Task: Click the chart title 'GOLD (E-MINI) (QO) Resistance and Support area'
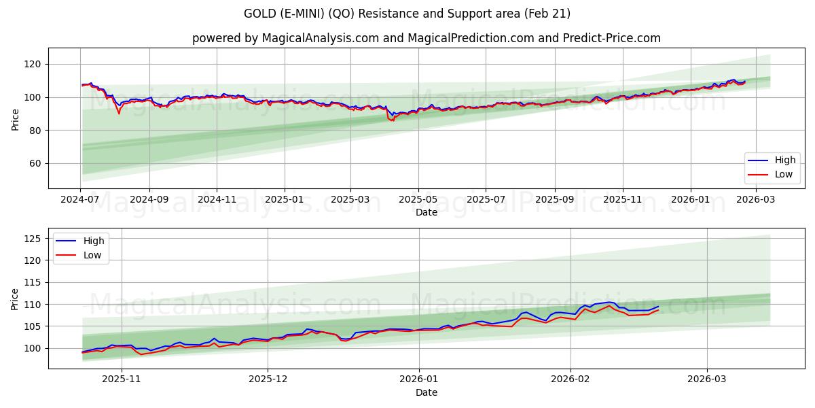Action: [407, 14]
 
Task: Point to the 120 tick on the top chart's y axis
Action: [33, 64]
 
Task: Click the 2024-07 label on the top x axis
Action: [81, 200]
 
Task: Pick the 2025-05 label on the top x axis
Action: [418, 200]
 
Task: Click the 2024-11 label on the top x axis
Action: [217, 200]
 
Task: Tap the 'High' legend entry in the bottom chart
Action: [94, 241]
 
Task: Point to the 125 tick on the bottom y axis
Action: [33, 239]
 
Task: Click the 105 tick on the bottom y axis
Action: [33, 326]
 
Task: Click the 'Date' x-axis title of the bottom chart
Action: [426, 392]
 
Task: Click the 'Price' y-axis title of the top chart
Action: [16, 119]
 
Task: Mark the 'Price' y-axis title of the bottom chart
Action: [16, 299]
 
